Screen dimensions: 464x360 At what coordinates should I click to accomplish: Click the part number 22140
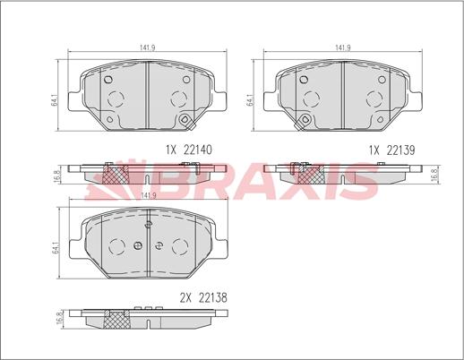[198, 150]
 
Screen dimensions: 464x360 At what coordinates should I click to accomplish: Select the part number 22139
[400, 150]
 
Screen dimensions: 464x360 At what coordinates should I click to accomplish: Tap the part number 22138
[213, 297]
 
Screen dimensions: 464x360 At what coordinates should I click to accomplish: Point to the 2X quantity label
[185, 297]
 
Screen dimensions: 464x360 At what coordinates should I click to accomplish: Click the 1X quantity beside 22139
[374, 150]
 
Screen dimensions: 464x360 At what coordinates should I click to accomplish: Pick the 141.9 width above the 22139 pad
[343, 47]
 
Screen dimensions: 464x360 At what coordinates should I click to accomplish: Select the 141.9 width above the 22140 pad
[148, 47]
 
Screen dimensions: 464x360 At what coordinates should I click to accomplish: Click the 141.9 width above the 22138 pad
[149, 195]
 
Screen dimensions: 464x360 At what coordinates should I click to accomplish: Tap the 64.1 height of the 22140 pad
[55, 99]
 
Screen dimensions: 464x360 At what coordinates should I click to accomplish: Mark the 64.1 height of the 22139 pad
[250, 99]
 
